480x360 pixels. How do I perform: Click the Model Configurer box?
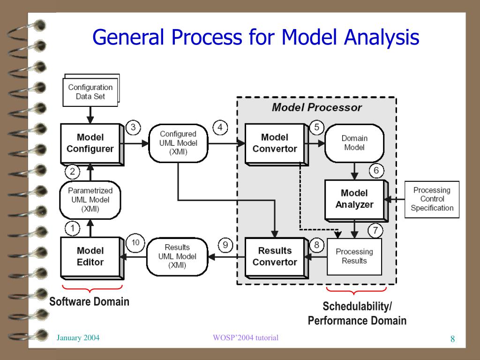[x=92, y=144]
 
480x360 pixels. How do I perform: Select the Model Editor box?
[x=92, y=258]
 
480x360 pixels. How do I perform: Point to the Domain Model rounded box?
[x=354, y=143]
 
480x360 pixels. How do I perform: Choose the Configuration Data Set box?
[x=91, y=90]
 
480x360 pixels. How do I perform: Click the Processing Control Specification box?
[x=432, y=199]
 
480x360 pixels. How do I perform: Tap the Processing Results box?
[x=354, y=256]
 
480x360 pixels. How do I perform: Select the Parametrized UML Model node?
[x=90, y=200]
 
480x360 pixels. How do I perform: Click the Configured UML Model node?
[x=178, y=143]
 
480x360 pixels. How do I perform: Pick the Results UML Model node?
[x=177, y=256]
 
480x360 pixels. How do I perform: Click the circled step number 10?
[x=135, y=243]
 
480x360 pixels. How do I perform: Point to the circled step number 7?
[x=375, y=230]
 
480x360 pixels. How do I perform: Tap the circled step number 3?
[x=133, y=127]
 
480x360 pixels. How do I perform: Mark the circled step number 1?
[x=73, y=228]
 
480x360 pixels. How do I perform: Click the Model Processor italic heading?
[x=317, y=107]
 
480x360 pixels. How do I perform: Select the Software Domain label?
[x=90, y=301]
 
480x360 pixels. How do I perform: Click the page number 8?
[x=452, y=339]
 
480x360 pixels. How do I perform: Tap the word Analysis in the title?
[x=382, y=37]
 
